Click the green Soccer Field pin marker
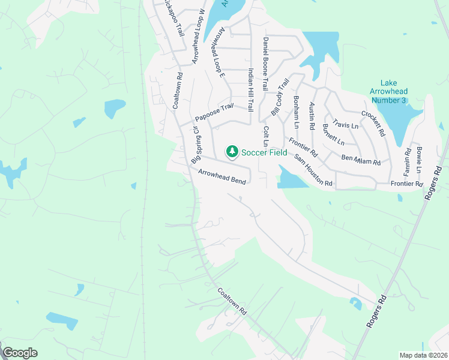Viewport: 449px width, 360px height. [x=232, y=152]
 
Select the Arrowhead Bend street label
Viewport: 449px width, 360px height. [x=222, y=176]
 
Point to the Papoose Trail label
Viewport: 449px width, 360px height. [x=214, y=112]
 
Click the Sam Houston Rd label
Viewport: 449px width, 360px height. [x=313, y=170]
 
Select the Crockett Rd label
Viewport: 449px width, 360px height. [x=373, y=124]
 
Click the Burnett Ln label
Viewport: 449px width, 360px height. [x=333, y=135]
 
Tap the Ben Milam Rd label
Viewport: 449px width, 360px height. [x=361, y=160]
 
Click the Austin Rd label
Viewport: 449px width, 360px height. [x=312, y=116]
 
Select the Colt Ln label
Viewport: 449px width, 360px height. [x=265, y=136]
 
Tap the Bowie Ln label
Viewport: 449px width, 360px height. [x=419, y=158]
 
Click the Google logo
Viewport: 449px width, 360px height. [x=20, y=353]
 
